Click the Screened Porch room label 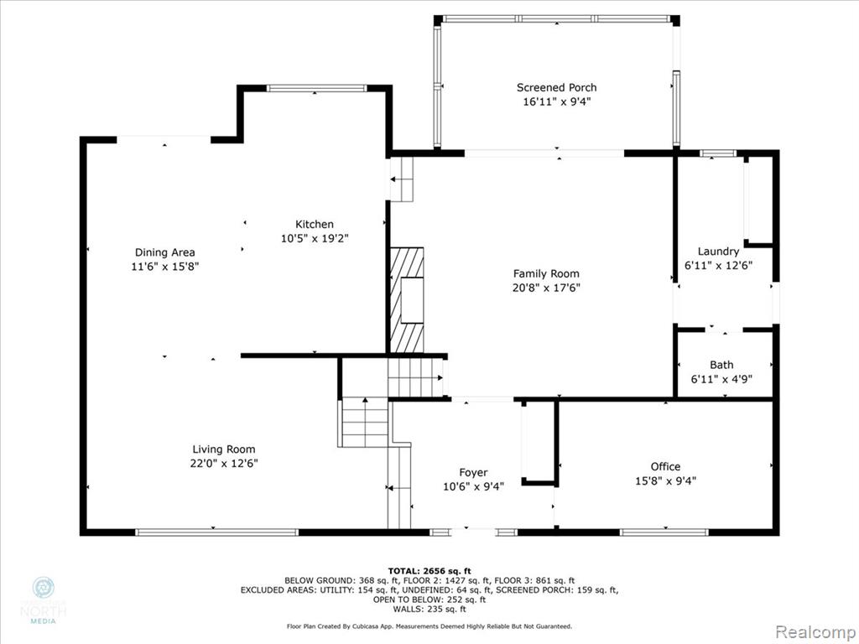(557, 87)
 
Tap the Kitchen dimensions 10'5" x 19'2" (315, 238)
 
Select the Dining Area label (165, 252)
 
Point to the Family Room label (546, 274)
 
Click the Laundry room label (718, 252)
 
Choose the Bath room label (721, 365)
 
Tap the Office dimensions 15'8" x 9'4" (665, 480)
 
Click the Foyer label (473, 473)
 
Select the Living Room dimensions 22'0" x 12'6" (224, 463)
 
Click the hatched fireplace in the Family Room (407, 300)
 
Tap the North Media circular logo (44, 588)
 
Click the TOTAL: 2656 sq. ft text (429, 570)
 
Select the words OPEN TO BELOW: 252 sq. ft (429, 600)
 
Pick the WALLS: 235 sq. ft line (429, 609)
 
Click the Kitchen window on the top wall (316, 88)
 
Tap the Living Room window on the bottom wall (217, 532)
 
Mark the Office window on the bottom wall (664, 532)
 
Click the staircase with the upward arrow (365, 423)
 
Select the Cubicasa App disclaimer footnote (429, 626)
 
